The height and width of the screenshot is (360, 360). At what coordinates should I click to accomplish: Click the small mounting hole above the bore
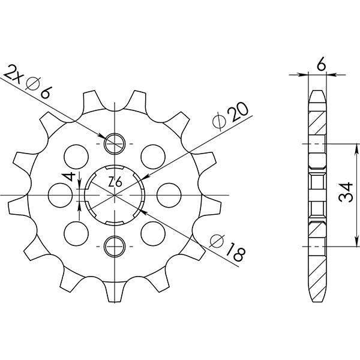click(x=114, y=143)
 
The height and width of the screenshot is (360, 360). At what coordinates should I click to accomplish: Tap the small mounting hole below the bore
click(x=114, y=245)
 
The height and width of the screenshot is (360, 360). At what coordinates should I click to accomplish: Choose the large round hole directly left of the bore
click(x=58, y=194)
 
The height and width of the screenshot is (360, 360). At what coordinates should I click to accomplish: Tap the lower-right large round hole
click(x=153, y=232)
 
